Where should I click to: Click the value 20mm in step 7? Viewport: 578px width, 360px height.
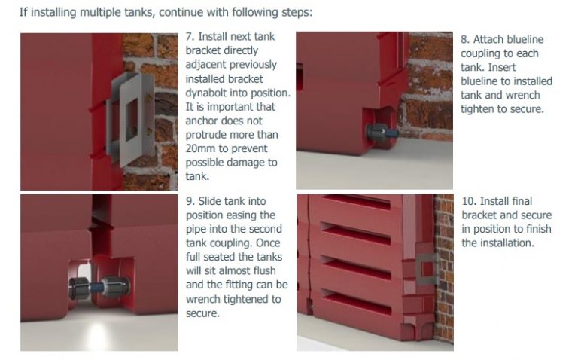point(201,149)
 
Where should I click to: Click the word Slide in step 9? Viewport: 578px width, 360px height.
point(214,202)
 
